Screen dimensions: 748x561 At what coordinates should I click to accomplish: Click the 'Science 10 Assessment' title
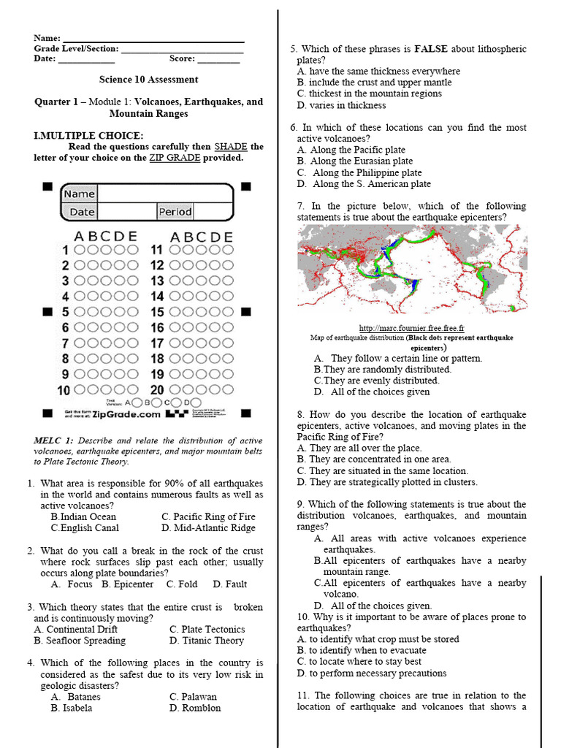148,80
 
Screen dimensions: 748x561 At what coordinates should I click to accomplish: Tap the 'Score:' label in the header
182,59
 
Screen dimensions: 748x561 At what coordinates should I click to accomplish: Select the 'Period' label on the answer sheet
175,212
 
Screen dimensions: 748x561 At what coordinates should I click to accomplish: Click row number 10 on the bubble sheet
64,390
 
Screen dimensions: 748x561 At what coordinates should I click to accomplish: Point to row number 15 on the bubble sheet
157,312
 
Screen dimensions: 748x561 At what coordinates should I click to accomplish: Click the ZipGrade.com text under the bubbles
126,414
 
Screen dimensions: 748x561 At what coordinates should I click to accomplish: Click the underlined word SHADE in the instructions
230,147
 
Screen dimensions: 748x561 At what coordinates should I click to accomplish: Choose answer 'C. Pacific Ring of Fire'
208,516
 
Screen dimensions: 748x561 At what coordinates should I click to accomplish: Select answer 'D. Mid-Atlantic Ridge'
208,528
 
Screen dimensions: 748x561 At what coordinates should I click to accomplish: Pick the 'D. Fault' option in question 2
230,584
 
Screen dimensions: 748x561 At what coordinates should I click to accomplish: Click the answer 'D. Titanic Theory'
207,641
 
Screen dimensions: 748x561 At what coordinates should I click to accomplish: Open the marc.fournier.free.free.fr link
412,329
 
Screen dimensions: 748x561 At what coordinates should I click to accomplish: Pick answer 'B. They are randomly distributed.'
383,370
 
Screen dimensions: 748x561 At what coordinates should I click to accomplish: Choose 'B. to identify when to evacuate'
362,650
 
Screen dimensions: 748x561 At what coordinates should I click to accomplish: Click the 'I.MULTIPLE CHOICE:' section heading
88,136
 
